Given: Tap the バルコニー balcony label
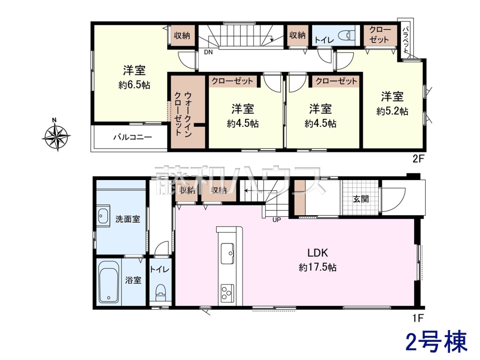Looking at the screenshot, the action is tap(132, 138).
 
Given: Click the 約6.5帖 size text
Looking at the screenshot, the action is tap(134, 85).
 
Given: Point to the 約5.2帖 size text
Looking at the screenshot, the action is tap(392, 112).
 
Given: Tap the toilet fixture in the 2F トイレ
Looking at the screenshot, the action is tap(346, 36).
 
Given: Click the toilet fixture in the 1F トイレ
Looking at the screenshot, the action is tap(160, 292).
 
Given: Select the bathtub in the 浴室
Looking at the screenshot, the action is tap(109, 283).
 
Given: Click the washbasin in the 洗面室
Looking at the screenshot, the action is tap(103, 216).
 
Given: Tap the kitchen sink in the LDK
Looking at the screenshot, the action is tap(227, 253).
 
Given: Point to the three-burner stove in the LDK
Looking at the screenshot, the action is tap(227, 293).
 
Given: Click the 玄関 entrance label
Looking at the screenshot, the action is tap(361, 199).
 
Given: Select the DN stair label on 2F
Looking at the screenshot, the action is tap(208, 52).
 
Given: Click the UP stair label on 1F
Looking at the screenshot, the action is tap(277, 220).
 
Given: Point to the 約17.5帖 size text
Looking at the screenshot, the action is tap(318, 267).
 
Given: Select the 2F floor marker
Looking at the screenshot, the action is tap(418, 159).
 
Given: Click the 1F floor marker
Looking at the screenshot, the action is tap(418, 318).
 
